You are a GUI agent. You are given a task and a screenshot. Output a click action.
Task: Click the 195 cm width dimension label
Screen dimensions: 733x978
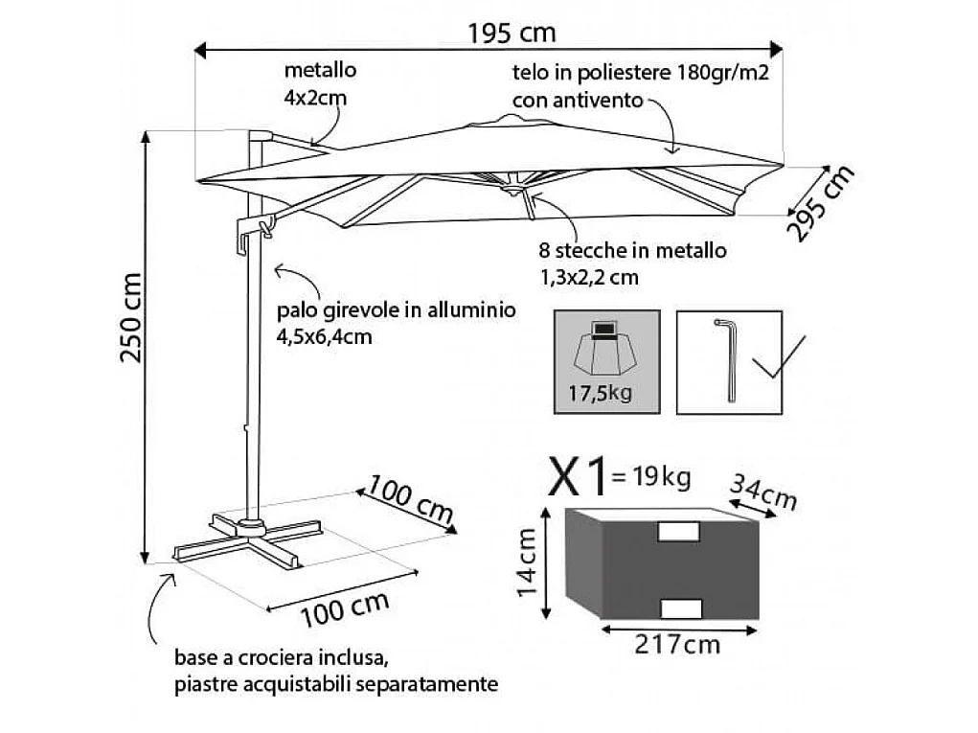tap(512, 33)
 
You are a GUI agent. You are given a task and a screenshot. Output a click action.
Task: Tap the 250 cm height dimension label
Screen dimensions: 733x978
tap(131, 317)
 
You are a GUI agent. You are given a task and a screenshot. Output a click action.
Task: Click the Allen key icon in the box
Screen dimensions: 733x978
tap(725, 360)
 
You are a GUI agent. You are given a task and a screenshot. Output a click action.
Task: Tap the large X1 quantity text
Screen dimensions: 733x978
tap(577, 477)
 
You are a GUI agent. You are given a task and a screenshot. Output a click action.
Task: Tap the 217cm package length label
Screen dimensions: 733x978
tap(677, 644)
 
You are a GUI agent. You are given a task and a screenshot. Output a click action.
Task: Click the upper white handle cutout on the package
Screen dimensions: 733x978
tap(678, 531)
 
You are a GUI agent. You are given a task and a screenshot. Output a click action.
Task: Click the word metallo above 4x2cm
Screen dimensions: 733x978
tap(321, 70)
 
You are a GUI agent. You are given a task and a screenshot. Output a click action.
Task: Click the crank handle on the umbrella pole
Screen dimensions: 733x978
tap(260, 226)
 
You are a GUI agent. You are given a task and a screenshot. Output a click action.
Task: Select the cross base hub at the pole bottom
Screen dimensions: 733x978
tap(252, 526)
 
